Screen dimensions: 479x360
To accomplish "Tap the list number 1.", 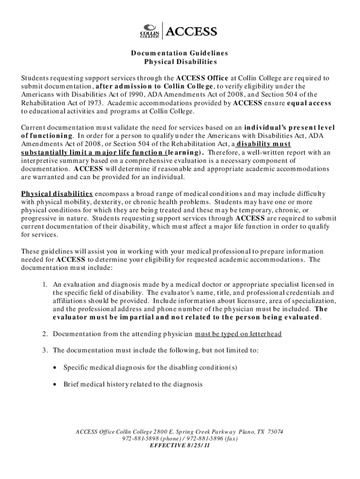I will pyautogui.click(x=44, y=284).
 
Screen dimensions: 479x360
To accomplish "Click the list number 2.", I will pyautogui.click(x=44, y=334).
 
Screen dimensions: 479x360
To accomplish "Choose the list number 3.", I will pyautogui.click(x=44, y=350).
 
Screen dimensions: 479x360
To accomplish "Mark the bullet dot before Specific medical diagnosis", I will pyautogui.click(x=55, y=367).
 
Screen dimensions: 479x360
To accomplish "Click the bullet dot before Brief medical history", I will pyautogui.click(x=55, y=384).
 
